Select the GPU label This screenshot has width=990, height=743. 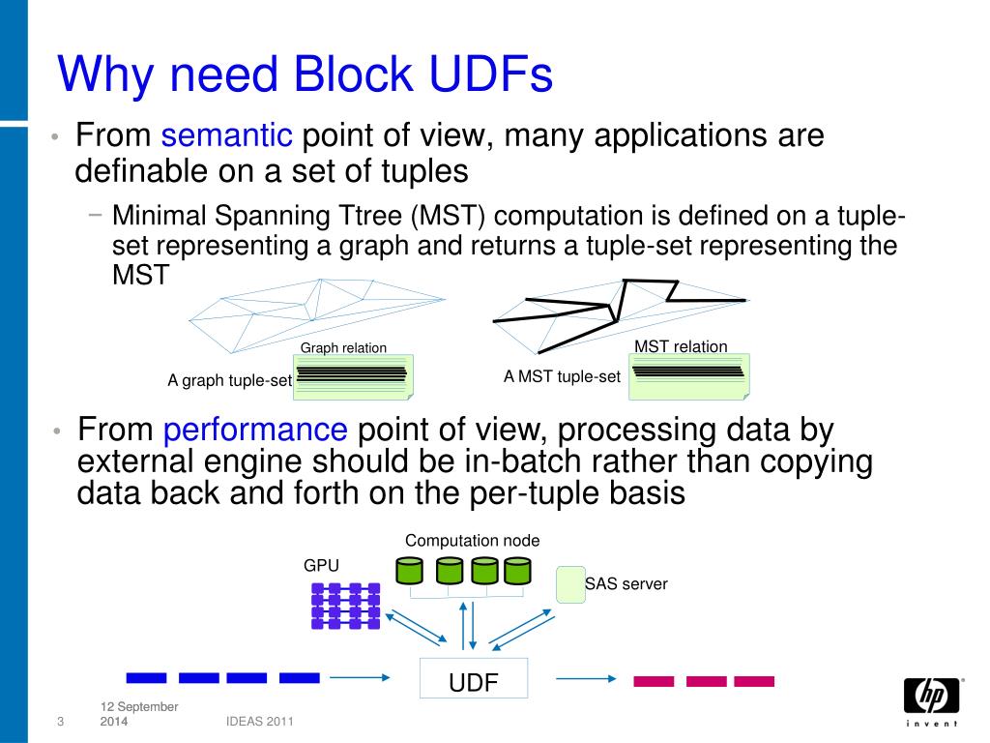pyautogui.click(x=322, y=565)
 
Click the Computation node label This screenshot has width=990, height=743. pyautogui.click(x=472, y=541)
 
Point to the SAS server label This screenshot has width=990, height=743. pyautogui.click(x=626, y=584)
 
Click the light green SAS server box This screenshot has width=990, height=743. pyautogui.click(x=570, y=584)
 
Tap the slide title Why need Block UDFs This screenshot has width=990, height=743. pyautogui.click(x=305, y=74)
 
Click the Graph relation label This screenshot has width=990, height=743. pyautogui.click(x=343, y=348)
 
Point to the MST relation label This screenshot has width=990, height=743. pyautogui.click(x=681, y=346)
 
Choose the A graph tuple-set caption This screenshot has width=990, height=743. pyautogui.click(x=229, y=381)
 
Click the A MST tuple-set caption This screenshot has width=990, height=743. pyautogui.click(x=562, y=377)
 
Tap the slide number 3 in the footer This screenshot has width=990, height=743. pyautogui.click(x=60, y=723)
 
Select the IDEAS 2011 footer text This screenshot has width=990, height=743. pyautogui.click(x=253, y=722)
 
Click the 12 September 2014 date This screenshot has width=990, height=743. pyautogui.click(x=138, y=714)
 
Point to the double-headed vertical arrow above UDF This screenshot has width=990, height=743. pyautogui.click(x=467, y=626)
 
